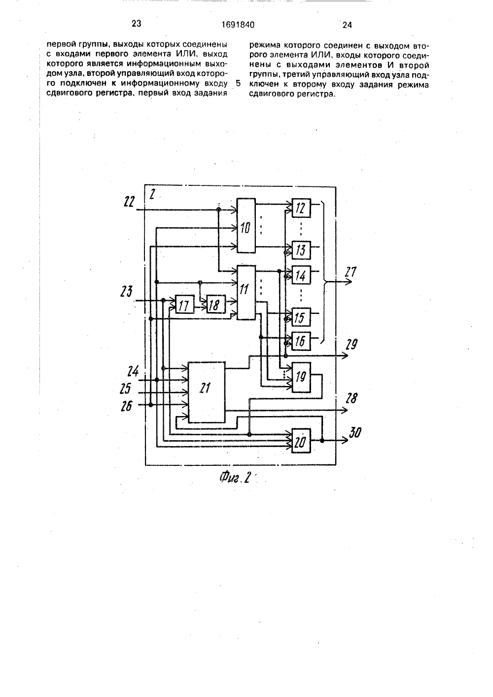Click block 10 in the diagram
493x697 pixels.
point(246,225)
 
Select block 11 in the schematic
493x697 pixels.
point(246,292)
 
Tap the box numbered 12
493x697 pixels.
point(301,208)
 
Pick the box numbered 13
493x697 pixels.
point(301,250)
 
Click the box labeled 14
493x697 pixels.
point(301,275)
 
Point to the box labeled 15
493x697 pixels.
point(301,317)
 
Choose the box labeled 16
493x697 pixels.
point(301,341)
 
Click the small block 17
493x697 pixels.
point(184,304)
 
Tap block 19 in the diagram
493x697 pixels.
point(301,378)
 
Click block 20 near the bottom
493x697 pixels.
point(301,441)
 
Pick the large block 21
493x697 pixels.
point(207,392)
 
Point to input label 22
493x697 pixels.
point(129,202)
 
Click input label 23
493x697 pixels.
point(126,291)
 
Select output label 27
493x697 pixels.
point(351,272)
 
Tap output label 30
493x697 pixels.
point(355,432)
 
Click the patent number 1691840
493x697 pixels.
point(238,25)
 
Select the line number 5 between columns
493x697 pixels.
point(239,83)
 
